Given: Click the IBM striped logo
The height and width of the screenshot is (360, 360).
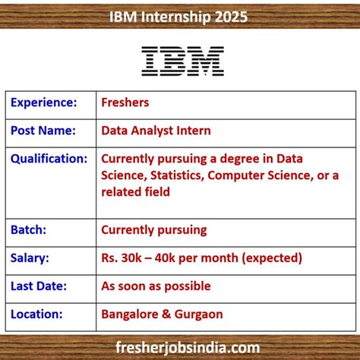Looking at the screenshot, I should tap(182, 61).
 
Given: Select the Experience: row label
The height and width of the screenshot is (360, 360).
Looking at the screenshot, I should tap(44, 102).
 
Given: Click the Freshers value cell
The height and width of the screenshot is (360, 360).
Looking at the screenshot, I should tap(126, 102).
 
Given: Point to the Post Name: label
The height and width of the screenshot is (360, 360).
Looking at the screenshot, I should tap(43, 130).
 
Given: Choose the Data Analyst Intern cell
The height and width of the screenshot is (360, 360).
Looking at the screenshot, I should tap(156, 130).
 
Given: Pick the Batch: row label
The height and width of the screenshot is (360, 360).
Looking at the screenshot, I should tap(29, 229).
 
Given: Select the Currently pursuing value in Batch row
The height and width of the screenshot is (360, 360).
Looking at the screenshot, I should tap(153, 229).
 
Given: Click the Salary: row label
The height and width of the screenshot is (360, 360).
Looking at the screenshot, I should tap(30, 257).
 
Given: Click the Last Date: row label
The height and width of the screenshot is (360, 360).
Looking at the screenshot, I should tap(39, 286).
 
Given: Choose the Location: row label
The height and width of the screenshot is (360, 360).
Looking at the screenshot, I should tap(36, 313).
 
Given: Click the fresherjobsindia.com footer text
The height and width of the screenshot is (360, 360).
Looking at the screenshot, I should tap(180, 346).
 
